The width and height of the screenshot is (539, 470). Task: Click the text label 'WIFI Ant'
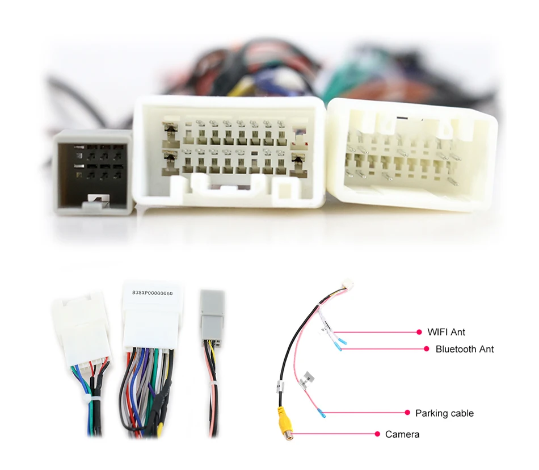[x=446, y=331]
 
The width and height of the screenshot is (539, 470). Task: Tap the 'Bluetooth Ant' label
[x=464, y=349]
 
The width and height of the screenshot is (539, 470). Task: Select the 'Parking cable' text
[x=444, y=413]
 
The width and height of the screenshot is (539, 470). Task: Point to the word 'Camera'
[x=402, y=434]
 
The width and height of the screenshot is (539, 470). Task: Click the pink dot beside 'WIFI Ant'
[x=419, y=331]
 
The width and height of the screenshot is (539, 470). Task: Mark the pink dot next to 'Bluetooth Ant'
[x=427, y=349]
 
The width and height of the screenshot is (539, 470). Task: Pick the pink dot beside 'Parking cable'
[x=407, y=413]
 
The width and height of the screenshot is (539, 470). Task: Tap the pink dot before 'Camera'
[x=377, y=434]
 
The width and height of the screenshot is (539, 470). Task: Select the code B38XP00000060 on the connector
[x=152, y=293]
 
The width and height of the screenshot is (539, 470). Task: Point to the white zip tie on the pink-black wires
[x=214, y=386]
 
